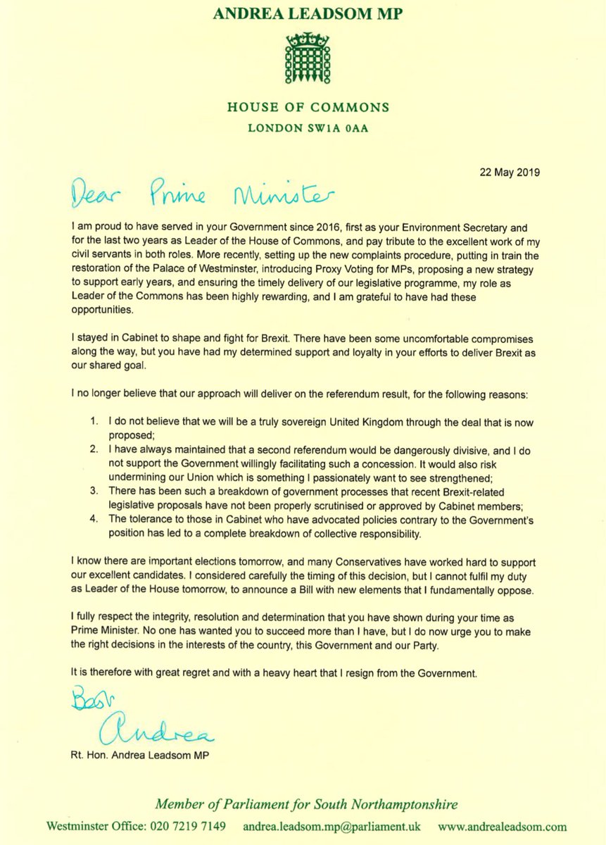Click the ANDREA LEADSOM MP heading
coord(303,12)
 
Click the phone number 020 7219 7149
coord(190,826)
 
